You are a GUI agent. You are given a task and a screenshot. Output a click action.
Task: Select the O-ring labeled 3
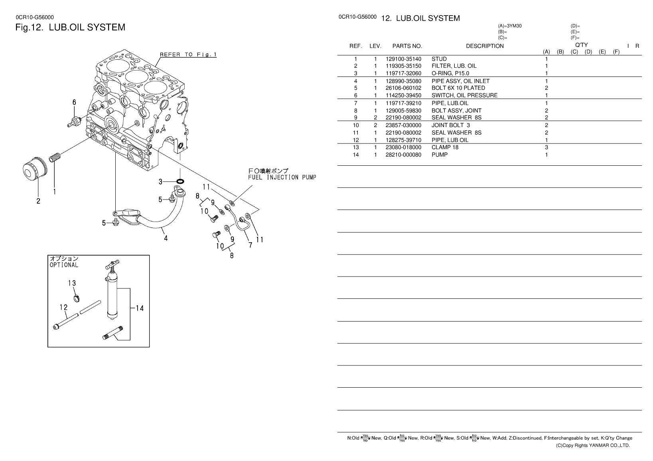tap(180, 182)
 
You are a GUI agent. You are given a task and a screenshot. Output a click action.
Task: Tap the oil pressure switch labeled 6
tap(75, 120)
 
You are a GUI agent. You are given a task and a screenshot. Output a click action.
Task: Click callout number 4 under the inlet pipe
tap(166, 238)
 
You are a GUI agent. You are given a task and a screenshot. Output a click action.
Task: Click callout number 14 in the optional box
tap(139, 308)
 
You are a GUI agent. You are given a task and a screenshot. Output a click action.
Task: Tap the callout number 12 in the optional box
tap(63, 307)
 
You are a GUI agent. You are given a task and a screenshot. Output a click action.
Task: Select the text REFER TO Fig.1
tap(188, 55)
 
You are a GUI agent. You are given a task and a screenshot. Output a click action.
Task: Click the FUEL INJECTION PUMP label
tap(282, 177)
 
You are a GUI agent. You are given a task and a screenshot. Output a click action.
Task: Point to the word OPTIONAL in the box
tap(64, 265)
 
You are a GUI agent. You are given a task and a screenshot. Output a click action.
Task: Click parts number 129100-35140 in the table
tap(403, 59)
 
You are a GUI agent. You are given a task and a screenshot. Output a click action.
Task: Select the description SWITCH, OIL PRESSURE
tap(464, 96)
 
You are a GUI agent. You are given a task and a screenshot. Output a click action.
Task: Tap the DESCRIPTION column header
tap(485, 46)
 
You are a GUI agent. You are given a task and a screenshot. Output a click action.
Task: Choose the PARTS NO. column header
tap(407, 46)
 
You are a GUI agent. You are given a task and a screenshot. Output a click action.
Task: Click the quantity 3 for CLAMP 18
tap(546, 147)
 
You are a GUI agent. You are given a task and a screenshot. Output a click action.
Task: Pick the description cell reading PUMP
tap(440, 155)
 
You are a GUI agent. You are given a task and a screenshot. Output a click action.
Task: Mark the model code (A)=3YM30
tap(510, 26)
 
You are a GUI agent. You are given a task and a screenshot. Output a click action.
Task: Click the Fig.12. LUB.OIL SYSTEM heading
tap(70, 27)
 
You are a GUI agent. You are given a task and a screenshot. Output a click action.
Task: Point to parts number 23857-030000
tap(403, 125)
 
